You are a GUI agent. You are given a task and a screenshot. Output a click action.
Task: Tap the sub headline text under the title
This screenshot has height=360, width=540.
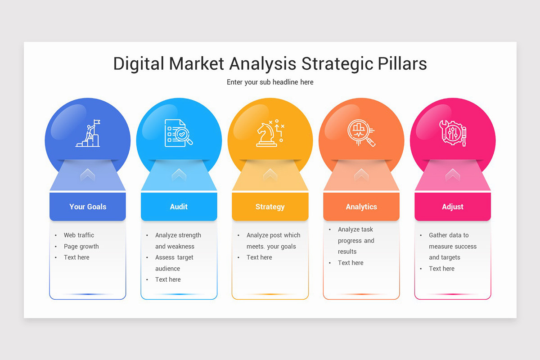point(270,82)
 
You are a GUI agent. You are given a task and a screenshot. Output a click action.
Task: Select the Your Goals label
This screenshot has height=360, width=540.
point(88,207)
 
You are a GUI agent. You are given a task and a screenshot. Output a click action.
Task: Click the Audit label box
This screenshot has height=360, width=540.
point(179,207)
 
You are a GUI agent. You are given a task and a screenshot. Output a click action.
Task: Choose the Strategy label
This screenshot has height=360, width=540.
point(270,207)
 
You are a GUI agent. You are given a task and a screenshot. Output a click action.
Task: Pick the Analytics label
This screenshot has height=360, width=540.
point(361,207)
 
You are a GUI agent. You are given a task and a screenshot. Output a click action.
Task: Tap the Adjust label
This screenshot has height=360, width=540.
point(453,207)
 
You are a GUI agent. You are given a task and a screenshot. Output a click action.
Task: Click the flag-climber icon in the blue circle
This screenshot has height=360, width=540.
point(88,133)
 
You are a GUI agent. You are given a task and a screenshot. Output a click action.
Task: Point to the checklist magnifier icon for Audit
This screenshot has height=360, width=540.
point(179,133)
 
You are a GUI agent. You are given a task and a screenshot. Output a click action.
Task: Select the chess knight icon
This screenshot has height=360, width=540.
point(270,133)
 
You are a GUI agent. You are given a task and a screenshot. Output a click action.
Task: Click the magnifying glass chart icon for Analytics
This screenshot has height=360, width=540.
point(361,133)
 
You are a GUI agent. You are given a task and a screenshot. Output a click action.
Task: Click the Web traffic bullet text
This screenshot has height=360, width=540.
point(79,235)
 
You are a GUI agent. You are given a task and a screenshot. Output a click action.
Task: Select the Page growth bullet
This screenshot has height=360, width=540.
point(81,246)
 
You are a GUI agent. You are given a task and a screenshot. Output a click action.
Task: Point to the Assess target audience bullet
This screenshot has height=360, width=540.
point(174,263)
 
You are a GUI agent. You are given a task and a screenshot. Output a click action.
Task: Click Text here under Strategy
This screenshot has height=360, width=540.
point(259,257)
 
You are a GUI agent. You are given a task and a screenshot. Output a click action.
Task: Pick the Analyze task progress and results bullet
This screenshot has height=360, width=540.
point(356,240)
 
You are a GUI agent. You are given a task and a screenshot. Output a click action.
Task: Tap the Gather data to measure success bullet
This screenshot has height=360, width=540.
point(452,246)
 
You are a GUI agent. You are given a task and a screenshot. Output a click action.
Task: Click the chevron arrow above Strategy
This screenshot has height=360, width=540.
point(270,174)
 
